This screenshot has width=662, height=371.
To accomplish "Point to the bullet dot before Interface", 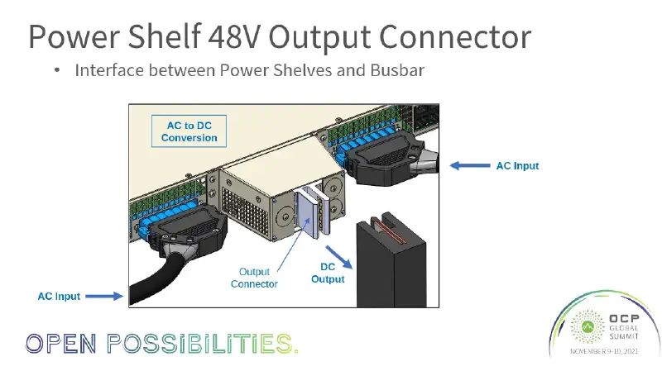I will (57, 71).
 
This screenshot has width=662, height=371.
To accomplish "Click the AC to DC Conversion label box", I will (189, 131).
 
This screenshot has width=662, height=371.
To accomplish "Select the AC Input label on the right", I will (517, 166).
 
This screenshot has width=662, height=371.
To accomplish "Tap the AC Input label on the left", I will (60, 295).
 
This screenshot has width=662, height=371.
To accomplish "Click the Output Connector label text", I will (254, 278).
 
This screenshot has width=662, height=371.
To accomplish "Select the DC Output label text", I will (328, 273).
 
